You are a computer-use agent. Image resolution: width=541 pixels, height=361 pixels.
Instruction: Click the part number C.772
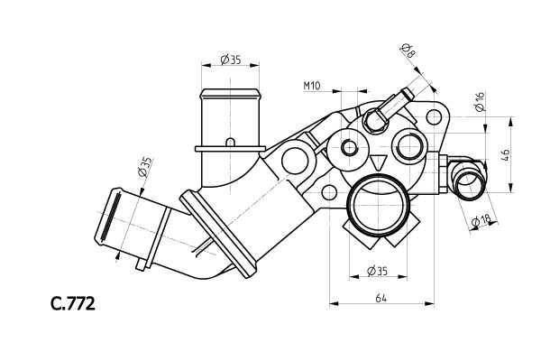click(x=72, y=303)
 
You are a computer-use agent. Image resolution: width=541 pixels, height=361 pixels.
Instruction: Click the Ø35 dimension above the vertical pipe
click(x=230, y=60)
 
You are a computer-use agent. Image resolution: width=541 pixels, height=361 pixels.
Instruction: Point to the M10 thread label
click(x=312, y=86)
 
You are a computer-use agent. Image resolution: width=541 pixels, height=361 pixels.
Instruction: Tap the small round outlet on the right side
click(x=469, y=181)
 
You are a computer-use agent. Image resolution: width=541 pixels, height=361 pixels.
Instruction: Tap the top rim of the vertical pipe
click(x=229, y=91)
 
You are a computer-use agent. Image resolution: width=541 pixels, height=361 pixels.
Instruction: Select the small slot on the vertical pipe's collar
click(x=231, y=142)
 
